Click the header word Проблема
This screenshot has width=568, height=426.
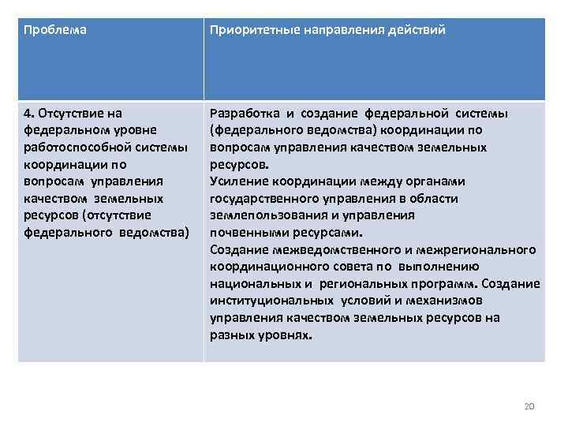click(x=55, y=30)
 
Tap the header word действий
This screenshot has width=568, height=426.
click(x=417, y=30)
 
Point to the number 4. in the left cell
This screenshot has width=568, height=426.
click(x=29, y=113)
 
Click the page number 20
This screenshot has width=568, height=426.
click(x=529, y=405)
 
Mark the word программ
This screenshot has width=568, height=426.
click(x=445, y=284)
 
